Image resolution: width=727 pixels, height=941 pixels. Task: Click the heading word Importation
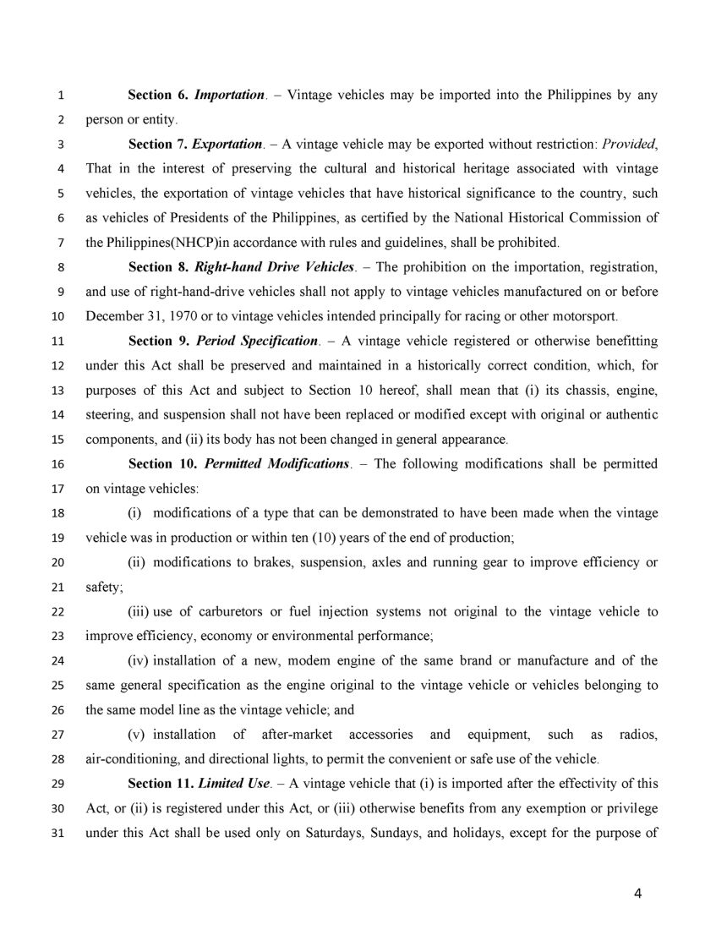pyautogui.click(x=229, y=96)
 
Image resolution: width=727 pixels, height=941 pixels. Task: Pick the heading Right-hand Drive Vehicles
pyautogui.click(x=274, y=267)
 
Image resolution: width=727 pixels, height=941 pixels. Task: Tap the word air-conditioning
pyautogui.click(x=129, y=759)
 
